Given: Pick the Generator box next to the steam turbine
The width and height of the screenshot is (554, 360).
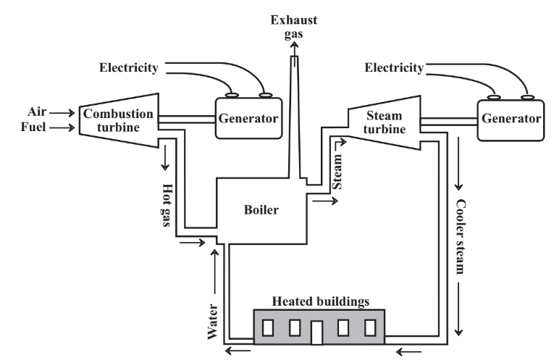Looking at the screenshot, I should tap(509, 118).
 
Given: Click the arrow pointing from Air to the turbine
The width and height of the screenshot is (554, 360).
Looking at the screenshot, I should tap(62, 113).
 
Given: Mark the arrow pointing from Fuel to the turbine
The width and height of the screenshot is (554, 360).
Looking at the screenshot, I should tap(62, 129).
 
